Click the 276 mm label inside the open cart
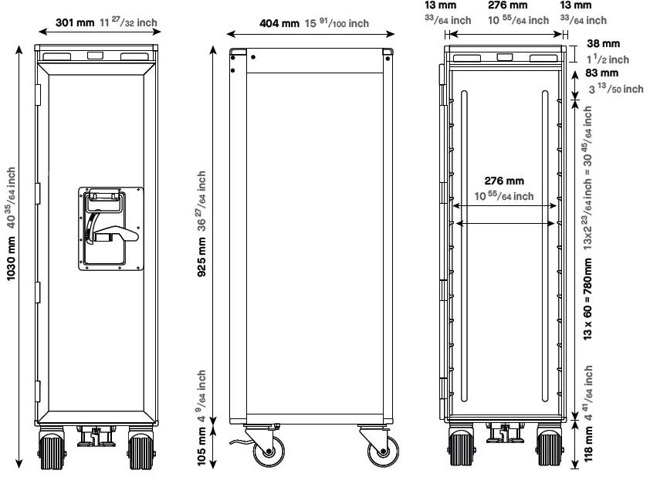tap(503, 181)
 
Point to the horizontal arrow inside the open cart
tap(506, 224)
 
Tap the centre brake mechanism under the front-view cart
tap(95, 437)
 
